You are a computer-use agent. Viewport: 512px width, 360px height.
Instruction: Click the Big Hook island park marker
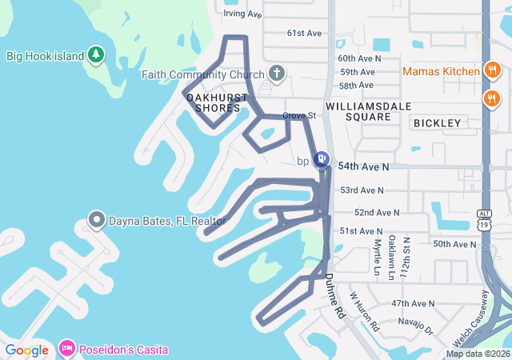click(96, 54)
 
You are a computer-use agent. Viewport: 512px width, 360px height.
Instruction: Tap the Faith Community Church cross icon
click(277, 74)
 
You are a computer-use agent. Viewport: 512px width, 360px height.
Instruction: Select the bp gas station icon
click(321, 160)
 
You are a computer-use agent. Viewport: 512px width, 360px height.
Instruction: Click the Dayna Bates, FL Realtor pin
click(97, 219)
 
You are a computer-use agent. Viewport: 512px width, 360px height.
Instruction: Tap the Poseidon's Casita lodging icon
click(66, 349)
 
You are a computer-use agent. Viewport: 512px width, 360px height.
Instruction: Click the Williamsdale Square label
click(358, 111)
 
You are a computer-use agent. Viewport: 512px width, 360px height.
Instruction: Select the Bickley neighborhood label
click(437, 123)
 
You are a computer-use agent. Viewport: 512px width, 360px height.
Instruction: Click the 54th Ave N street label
click(363, 166)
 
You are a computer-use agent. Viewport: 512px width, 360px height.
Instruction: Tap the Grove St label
click(300, 115)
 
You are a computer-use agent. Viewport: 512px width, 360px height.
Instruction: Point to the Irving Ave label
click(243, 14)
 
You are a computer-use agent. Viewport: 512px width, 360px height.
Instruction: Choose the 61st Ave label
click(304, 34)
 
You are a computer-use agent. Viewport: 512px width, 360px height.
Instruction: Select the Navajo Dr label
click(416, 327)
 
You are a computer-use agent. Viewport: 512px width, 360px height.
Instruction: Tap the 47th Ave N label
click(413, 304)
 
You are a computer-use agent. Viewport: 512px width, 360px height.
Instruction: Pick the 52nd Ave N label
click(376, 212)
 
